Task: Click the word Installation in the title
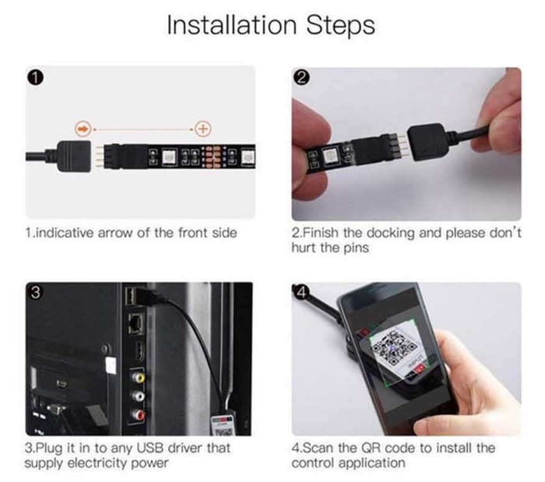[232, 25]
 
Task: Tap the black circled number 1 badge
[37, 78]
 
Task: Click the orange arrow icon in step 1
[83, 129]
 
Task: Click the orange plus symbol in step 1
[203, 129]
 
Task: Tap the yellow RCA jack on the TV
[139, 377]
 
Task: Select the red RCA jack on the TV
[139, 414]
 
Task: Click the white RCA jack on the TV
[139, 396]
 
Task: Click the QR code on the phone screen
[394, 351]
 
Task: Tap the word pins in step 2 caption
[356, 248]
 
